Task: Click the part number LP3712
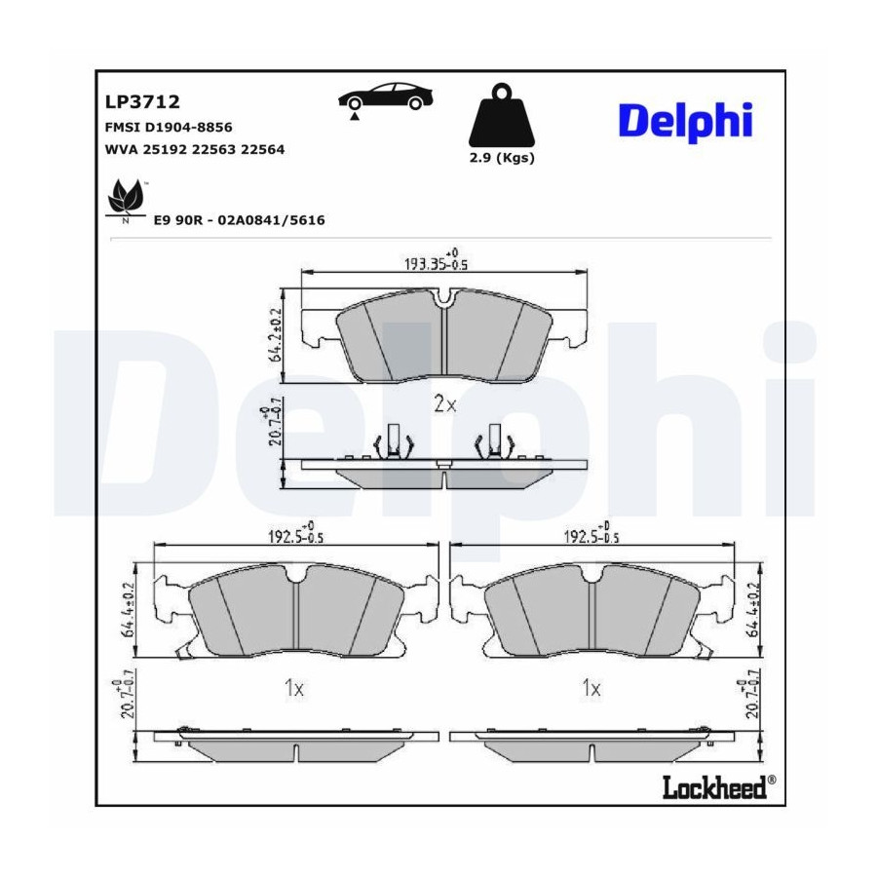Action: click(142, 101)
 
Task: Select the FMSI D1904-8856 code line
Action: click(169, 128)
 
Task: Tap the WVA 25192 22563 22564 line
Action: click(195, 149)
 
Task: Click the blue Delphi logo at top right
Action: click(685, 122)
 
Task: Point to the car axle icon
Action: click(387, 99)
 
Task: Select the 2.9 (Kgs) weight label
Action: click(502, 158)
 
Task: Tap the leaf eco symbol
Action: click(127, 200)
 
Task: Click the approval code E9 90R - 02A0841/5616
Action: click(239, 220)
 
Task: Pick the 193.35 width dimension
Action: click(437, 261)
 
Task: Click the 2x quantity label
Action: click(445, 403)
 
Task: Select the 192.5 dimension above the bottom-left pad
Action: click(296, 535)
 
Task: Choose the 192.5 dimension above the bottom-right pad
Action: click(591, 535)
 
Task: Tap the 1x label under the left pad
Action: click(294, 688)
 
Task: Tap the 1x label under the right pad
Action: click(591, 687)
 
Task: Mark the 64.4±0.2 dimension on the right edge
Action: click(752, 611)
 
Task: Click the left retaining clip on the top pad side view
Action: click(394, 442)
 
